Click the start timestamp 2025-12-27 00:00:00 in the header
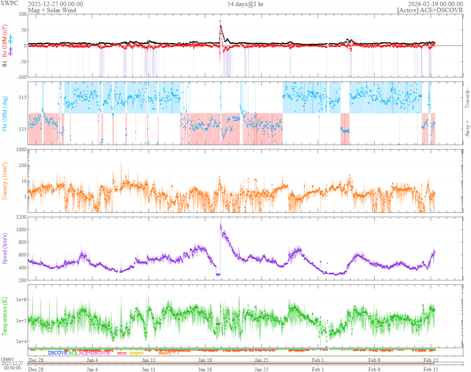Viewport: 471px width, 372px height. coord(55,4)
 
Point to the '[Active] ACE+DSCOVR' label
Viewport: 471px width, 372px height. coord(430,10)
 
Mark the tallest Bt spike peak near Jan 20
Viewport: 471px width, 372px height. coord(220,21)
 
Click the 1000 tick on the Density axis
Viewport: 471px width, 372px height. coord(20,150)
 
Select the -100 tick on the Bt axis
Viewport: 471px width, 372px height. coord(20,77)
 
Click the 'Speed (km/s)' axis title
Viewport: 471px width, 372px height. coord(5,248)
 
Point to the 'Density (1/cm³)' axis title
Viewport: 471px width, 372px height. coord(5,181)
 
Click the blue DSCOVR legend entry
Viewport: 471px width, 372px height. coord(57,353)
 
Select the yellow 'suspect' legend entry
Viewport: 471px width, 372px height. coord(136,353)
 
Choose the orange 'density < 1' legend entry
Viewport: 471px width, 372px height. coord(168,353)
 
